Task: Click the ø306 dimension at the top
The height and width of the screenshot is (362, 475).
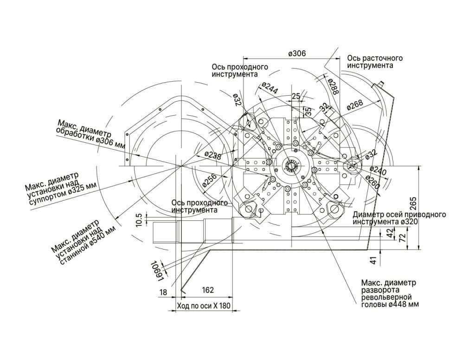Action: pyautogui.click(x=297, y=53)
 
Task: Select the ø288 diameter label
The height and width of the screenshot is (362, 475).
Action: pyautogui.click(x=333, y=86)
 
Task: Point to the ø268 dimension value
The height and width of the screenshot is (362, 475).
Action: pyautogui.click(x=355, y=105)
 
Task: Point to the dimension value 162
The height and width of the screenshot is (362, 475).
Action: pyautogui.click(x=207, y=290)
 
